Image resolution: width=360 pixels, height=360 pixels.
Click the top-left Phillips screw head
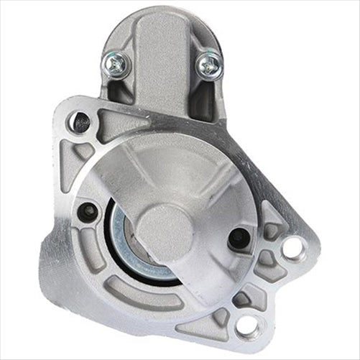(x=116, y=64)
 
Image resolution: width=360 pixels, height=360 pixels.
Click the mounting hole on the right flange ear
(x=293, y=249)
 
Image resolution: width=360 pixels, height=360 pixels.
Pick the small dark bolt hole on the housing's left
(x=89, y=211)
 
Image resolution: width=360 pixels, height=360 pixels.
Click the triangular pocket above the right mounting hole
(x=273, y=216)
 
